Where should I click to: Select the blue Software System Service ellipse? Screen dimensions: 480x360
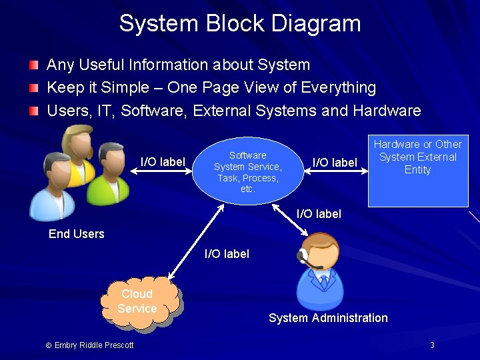pyautogui.click(x=248, y=171)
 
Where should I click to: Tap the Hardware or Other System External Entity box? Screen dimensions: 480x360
pyautogui.click(x=418, y=171)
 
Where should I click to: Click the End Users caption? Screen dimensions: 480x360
pyautogui.click(x=77, y=234)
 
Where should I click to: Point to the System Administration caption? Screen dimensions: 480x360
pyautogui.click(x=328, y=318)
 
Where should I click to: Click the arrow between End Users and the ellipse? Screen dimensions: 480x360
pyautogui.click(x=161, y=171)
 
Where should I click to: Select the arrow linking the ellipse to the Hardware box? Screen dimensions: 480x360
pyautogui.click(x=336, y=171)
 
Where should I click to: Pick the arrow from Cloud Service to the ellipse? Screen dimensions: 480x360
pyautogui.click(x=196, y=242)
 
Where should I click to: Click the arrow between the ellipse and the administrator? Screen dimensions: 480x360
pyautogui.click(x=290, y=220)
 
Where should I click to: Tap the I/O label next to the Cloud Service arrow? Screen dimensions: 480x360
pyautogui.click(x=227, y=254)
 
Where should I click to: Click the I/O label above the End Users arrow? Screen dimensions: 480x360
pyautogui.click(x=163, y=161)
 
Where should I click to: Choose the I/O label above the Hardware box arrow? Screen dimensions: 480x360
pyautogui.click(x=335, y=162)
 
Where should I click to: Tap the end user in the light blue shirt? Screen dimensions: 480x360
pyautogui.click(x=53, y=187)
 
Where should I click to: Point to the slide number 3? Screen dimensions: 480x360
pyautogui.click(x=432, y=345)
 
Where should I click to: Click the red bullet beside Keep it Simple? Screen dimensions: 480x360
pyautogui.click(x=34, y=88)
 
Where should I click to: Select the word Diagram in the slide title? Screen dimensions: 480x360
pyautogui.click(x=316, y=23)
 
